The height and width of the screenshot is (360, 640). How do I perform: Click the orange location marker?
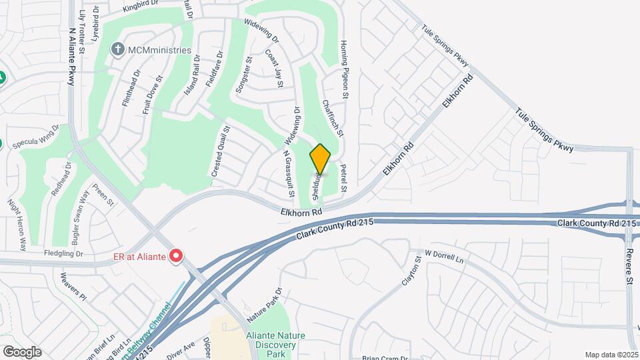pos(320,159)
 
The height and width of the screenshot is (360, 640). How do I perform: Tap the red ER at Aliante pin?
pos(176,255)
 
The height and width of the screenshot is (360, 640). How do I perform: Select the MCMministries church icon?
pos(118,49)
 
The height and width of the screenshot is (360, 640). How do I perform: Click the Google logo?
pos(22,351)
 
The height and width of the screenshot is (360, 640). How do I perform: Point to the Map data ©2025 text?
pos(611,355)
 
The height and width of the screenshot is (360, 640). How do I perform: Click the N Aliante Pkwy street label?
pos(71,57)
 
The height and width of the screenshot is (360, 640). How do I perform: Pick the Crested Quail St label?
pos(221,151)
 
